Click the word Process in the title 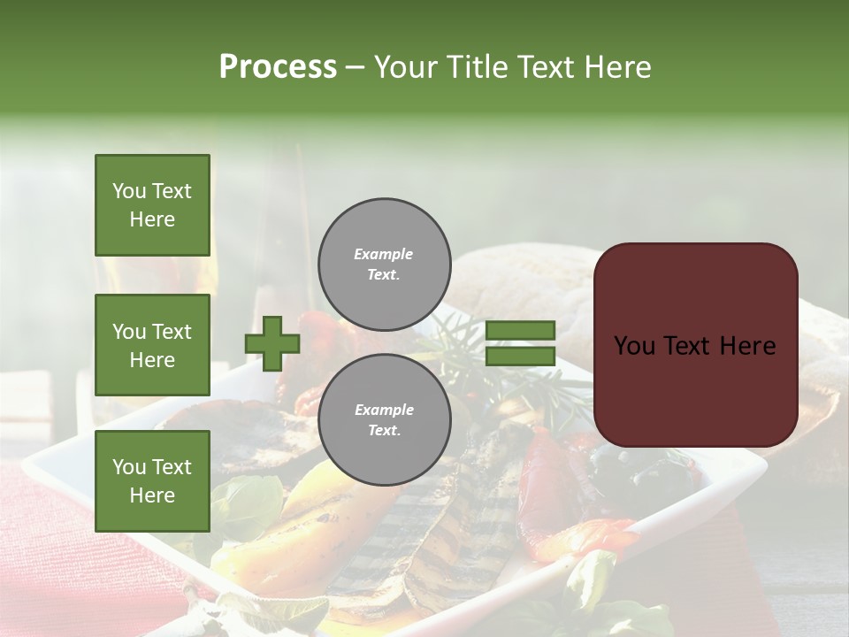pos(278,67)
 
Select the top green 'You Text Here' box pos(152,205)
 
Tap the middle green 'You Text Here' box pos(152,345)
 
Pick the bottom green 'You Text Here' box pos(152,480)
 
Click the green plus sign pos(272,343)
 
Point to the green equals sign pos(520,343)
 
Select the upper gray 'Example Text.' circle pos(384,264)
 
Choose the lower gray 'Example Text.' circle pos(384,419)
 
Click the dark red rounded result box pos(695,345)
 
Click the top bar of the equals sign pos(520,330)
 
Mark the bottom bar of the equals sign pos(520,357)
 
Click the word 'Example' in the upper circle pos(384,254)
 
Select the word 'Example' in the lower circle pos(384,410)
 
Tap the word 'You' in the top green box pos(129,191)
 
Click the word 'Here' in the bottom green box pos(152,495)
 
